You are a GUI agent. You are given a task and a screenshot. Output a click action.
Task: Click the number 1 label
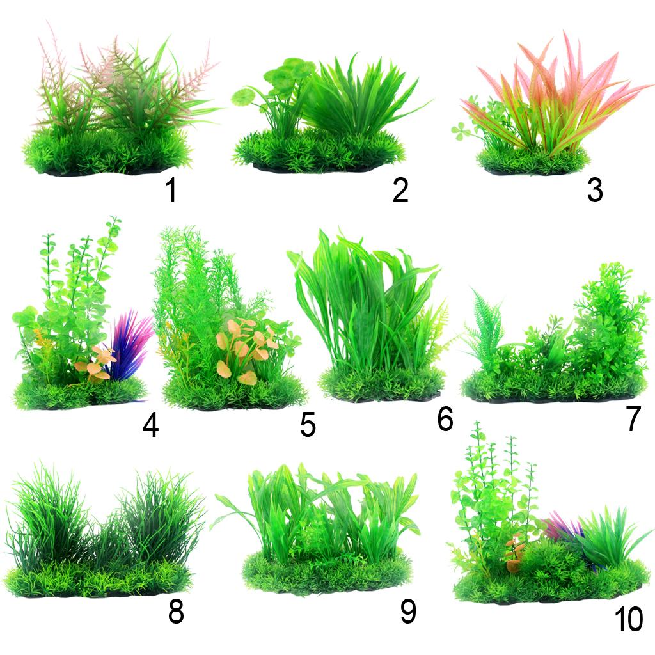pos(171,190)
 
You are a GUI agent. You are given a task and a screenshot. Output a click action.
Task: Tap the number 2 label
pos(400,190)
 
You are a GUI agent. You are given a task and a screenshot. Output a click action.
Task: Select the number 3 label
pos(595,190)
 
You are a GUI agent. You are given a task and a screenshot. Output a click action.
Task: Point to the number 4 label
pos(150,425)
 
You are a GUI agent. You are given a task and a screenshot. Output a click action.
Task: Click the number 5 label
pos(308,425)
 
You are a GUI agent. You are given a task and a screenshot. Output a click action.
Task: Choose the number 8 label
pos(176,612)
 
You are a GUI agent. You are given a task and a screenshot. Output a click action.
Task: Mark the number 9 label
pos(408,612)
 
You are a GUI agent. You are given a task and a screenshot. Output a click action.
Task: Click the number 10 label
pos(629,619)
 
